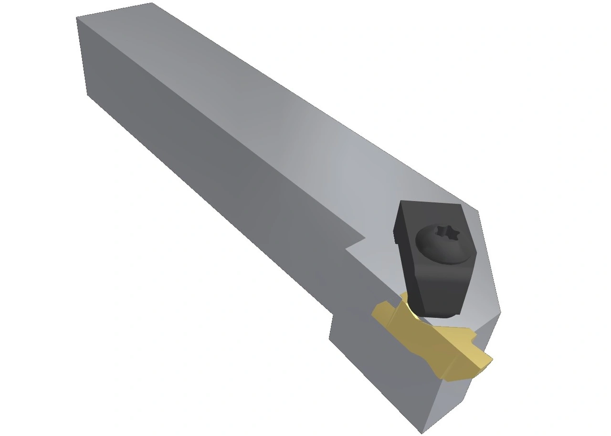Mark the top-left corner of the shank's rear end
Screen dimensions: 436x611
point(77,18)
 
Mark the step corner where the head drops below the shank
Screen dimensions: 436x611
point(333,315)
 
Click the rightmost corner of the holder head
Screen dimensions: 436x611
point(500,312)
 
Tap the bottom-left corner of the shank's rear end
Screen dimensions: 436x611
point(87,94)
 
